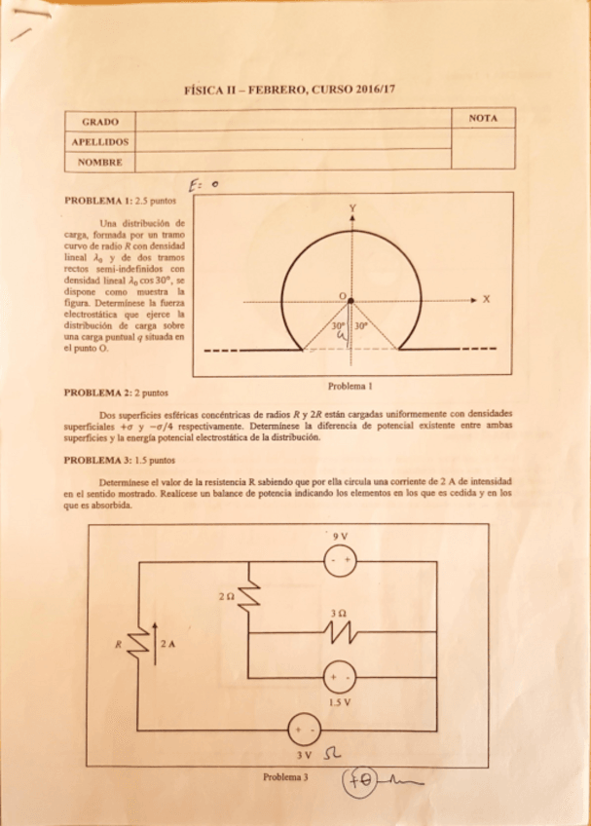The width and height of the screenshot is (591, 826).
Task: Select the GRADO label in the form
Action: click(x=100, y=122)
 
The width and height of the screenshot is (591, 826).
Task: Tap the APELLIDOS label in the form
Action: click(x=100, y=141)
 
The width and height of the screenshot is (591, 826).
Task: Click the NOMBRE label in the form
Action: click(x=100, y=162)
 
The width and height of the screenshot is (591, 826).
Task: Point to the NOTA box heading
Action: click(x=483, y=119)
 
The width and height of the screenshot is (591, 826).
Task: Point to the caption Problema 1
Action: click(x=351, y=384)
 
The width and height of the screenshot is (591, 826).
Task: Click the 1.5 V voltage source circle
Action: click(x=340, y=676)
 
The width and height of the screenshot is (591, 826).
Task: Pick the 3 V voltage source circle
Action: click(x=302, y=730)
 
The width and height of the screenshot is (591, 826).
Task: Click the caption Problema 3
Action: click(x=285, y=776)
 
